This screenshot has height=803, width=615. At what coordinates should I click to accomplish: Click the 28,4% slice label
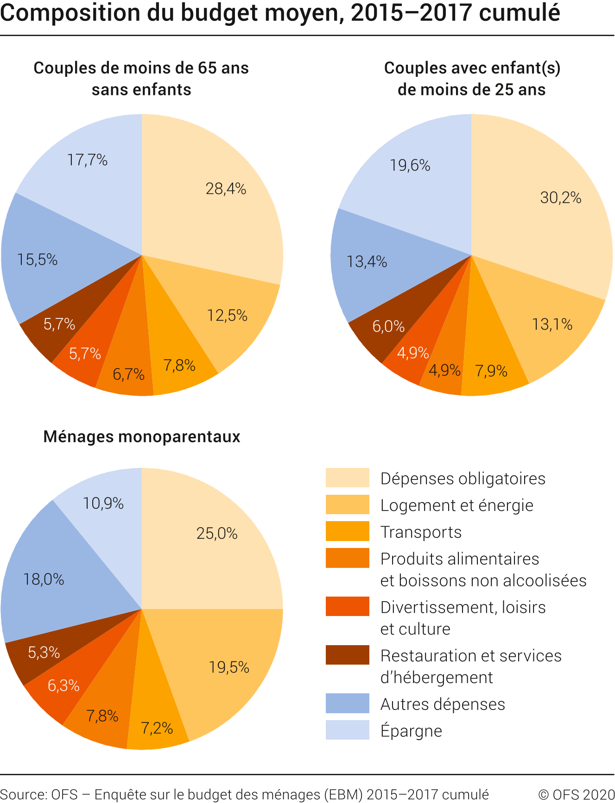(x=226, y=189)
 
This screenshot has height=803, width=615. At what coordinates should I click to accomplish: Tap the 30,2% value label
(x=560, y=198)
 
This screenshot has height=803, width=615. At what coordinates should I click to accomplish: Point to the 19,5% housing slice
(x=229, y=667)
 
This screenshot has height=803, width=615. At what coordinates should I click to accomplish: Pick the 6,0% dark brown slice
(x=388, y=326)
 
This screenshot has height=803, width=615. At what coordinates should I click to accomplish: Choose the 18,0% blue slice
(x=44, y=579)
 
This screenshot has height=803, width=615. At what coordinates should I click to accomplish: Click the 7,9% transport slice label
(x=491, y=371)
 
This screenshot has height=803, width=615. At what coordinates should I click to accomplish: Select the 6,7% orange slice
(x=128, y=374)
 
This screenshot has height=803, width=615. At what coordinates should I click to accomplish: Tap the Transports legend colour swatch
(x=347, y=531)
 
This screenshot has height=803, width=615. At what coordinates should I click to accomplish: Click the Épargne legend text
(x=411, y=731)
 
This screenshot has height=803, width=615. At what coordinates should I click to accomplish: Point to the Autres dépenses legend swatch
(x=347, y=703)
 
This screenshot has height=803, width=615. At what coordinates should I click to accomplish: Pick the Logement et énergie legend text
(x=456, y=505)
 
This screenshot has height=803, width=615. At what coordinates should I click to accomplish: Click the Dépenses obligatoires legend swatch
(x=347, y=478)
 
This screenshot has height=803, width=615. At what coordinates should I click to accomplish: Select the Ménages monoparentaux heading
(x=142, y=436)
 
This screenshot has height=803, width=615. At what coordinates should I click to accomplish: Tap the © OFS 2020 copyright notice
(x=576, y=794)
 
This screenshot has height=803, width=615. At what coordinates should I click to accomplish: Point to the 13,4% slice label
(x=367, y=262)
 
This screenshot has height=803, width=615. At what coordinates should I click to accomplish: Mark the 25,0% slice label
(x=217, y=534)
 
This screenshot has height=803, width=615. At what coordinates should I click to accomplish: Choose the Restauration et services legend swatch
(x=347, y=655)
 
